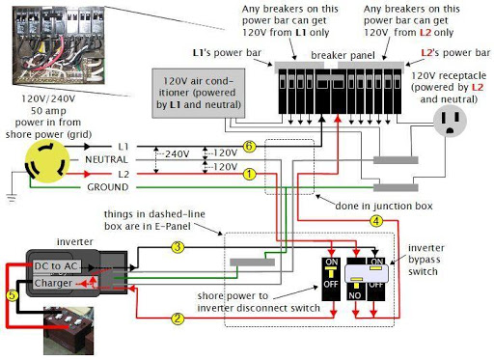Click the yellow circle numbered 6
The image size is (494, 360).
249,147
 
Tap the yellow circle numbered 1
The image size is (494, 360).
249,174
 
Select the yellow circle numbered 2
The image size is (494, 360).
178,318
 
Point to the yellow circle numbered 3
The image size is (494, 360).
178,247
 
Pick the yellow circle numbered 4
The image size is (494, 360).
376,221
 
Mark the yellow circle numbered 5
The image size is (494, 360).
12,295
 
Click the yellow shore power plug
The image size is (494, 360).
47,162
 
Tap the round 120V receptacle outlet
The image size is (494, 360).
450,122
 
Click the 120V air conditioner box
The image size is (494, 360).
199,93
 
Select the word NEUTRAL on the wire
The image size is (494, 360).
106,159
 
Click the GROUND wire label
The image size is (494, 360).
108,187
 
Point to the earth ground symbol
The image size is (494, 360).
12,198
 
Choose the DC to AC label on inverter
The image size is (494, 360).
56,266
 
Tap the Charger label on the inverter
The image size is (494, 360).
53,283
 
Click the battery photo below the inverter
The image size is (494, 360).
69,331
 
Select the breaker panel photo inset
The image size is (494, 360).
58,45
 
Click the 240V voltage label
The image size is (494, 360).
177,154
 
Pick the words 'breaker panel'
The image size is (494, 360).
343,55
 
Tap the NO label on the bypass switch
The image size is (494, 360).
355,295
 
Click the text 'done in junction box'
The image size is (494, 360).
384,206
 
